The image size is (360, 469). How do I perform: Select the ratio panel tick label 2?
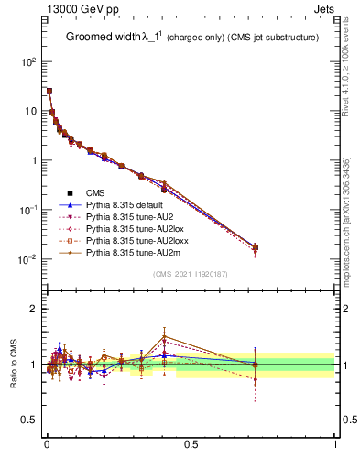33,309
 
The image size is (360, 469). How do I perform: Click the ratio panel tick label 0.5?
29,420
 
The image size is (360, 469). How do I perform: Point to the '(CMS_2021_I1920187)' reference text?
191,273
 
